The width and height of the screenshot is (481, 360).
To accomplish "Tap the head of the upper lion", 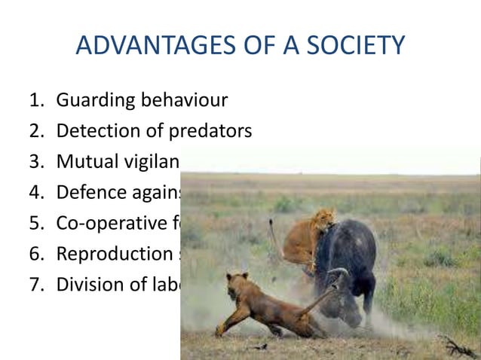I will [x=324, y=218].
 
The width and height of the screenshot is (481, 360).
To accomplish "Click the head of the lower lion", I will [x=240, y=284].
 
